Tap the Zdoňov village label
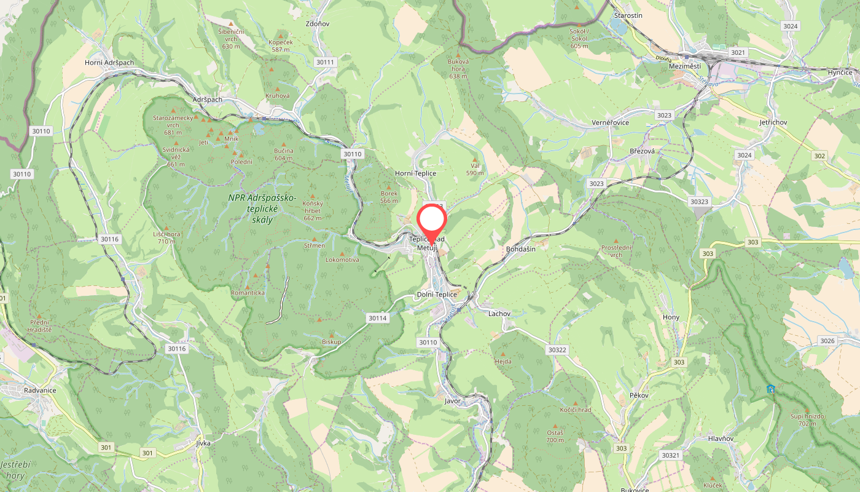[x=318, y=24]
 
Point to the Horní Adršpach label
[x=109, y=63]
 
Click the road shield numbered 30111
[x=324, y=62]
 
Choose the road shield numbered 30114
[x=378, y=318]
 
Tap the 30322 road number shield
[x=556, y=350]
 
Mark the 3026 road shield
[x=827, y=341]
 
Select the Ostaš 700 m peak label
[x=555, y=436]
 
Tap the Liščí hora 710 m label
[x=166, y=237]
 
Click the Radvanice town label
[x=40, y=390]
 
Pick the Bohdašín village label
[x=520, y=249]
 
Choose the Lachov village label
[x=499, y=314]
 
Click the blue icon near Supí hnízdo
[x=770, y=389]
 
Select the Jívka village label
[x=203, y=443]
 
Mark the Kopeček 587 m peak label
[x=280, y=46]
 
